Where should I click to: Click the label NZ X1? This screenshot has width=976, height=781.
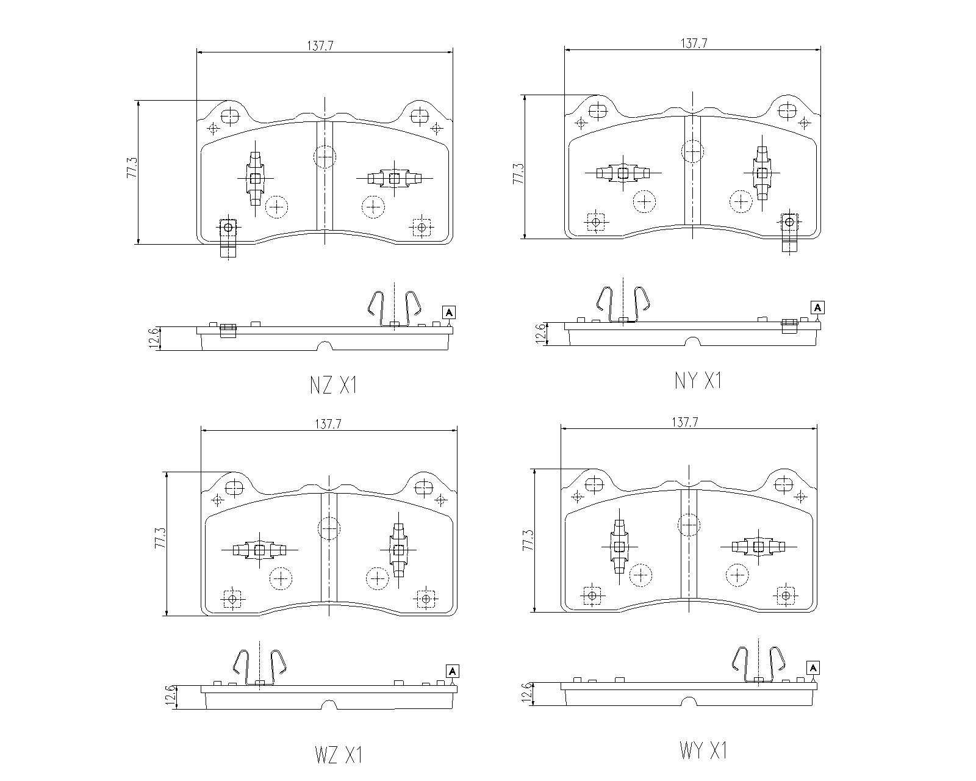pyautogui.click(x=333, y=386)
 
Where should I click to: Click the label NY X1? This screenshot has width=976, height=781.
pyautogui.click(x=698, y=381)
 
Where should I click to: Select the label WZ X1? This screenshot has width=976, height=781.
pyautogui.click(x=339, y=755)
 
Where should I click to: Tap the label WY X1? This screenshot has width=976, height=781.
pyautogui.click(x=703, y=750)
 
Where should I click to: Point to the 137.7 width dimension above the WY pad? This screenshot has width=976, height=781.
pyautogui.click(x=684, y=422)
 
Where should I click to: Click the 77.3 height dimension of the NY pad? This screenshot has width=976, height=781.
pyautogui.click(x=518, y=173)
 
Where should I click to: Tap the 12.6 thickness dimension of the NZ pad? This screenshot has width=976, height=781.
pyautogui.click(x=154, y=338)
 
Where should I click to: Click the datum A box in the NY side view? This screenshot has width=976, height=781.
pyautogui.click(x=817, y=308)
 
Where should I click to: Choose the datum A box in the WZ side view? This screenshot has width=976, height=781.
pyautogui.click(x=453, y=672)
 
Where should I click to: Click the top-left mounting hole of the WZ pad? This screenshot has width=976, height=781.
pyautogui.click(x=234, y=488)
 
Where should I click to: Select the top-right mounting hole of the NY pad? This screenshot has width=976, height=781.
pyautogui.click(x=786, y=111)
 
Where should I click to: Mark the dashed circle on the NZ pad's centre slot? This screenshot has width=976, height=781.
pyautogui.click(x=325, y=157)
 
